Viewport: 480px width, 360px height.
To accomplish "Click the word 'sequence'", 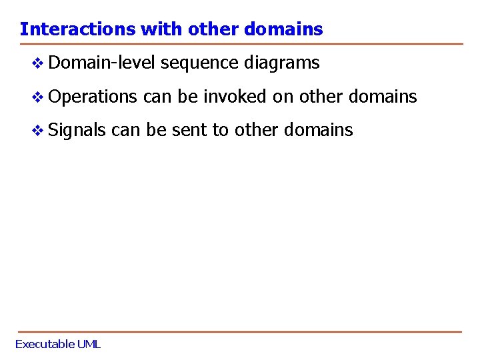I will coord(199,63).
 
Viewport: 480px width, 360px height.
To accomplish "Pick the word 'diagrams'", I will coord(282,63).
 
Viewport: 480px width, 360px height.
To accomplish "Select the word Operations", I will coord(92,97).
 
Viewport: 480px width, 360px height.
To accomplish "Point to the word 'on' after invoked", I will coord(283,97).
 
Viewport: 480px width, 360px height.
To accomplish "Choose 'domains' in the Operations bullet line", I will coord(383,97).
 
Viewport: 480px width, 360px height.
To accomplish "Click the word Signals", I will coord(77,129).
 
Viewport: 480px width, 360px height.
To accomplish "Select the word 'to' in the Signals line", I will coord(220,129).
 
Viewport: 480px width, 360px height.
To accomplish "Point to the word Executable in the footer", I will coord(45,344).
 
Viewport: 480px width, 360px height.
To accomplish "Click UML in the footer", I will coord(89,344).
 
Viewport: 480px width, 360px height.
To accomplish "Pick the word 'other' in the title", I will coord(213,29).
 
